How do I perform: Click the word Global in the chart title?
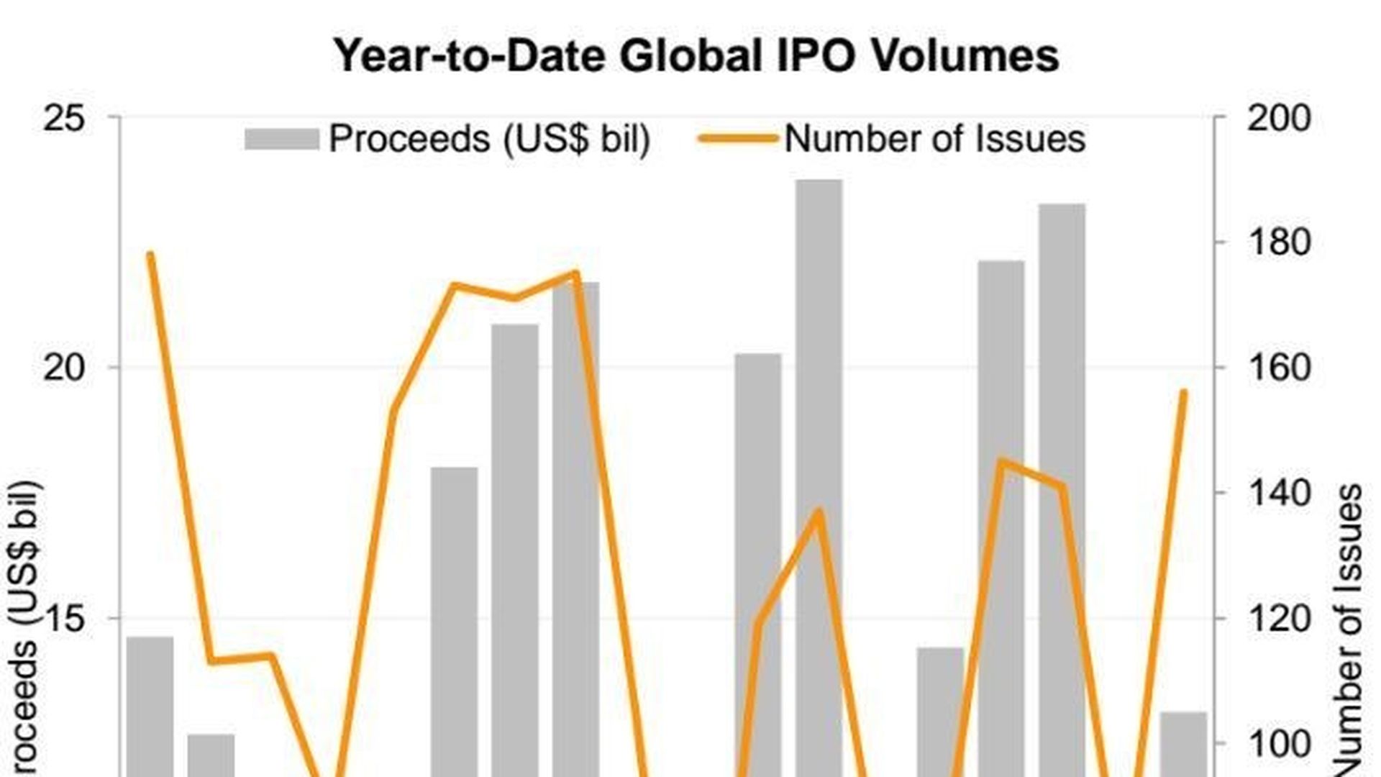point(690,55)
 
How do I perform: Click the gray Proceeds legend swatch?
point(281,139)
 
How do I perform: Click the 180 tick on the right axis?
point(1278,243)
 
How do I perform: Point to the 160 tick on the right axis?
point(1278,368)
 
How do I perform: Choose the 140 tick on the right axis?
point(1278,494)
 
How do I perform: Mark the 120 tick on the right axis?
point(1278,619)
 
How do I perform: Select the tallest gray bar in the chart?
point(819,475)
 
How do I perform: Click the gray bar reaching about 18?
point(454,619)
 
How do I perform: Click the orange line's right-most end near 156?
point(1184,391)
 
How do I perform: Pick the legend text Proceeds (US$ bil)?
point(489,138)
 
